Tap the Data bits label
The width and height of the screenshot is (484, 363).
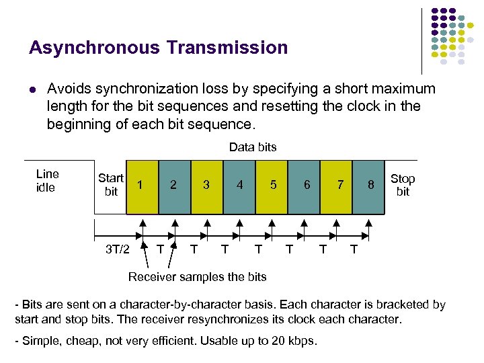253,147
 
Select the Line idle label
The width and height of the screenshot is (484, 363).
47,181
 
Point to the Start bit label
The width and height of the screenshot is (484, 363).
111,185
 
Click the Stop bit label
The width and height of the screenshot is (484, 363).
403,185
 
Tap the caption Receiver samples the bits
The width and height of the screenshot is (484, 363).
197,276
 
